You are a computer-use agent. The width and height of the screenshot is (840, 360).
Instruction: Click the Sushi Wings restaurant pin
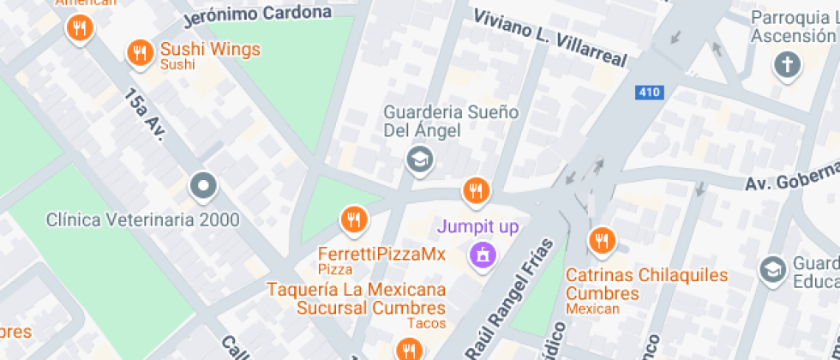(139, 54)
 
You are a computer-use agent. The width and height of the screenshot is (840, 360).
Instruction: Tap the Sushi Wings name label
(210, 50)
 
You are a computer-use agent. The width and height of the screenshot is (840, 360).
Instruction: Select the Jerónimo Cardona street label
(258, 14)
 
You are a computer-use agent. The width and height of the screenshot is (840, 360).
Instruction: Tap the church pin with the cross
(785, 65)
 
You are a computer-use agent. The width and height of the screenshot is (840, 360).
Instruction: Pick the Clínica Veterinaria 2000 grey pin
(203, 185)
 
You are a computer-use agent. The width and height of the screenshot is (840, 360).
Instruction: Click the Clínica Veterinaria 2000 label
(142, 219)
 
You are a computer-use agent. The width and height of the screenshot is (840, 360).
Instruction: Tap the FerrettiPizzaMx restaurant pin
(353, 220)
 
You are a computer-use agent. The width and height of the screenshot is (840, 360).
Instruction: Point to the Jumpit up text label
(477, 227)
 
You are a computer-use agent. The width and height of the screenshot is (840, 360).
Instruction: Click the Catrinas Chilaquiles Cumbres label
(646, 285)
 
